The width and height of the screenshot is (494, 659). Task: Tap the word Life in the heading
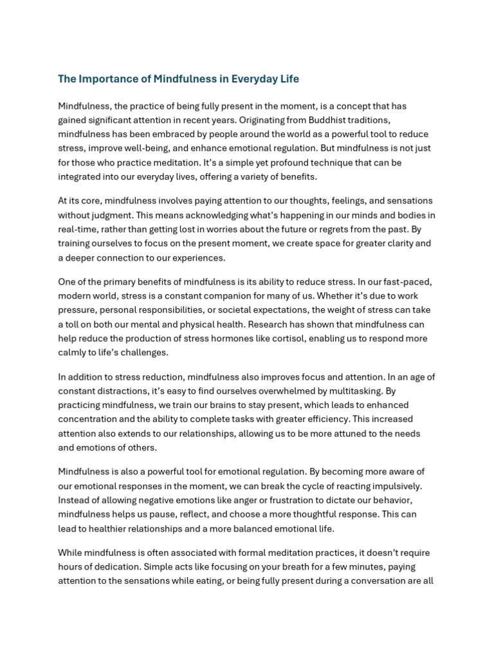(x=289, y=79)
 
